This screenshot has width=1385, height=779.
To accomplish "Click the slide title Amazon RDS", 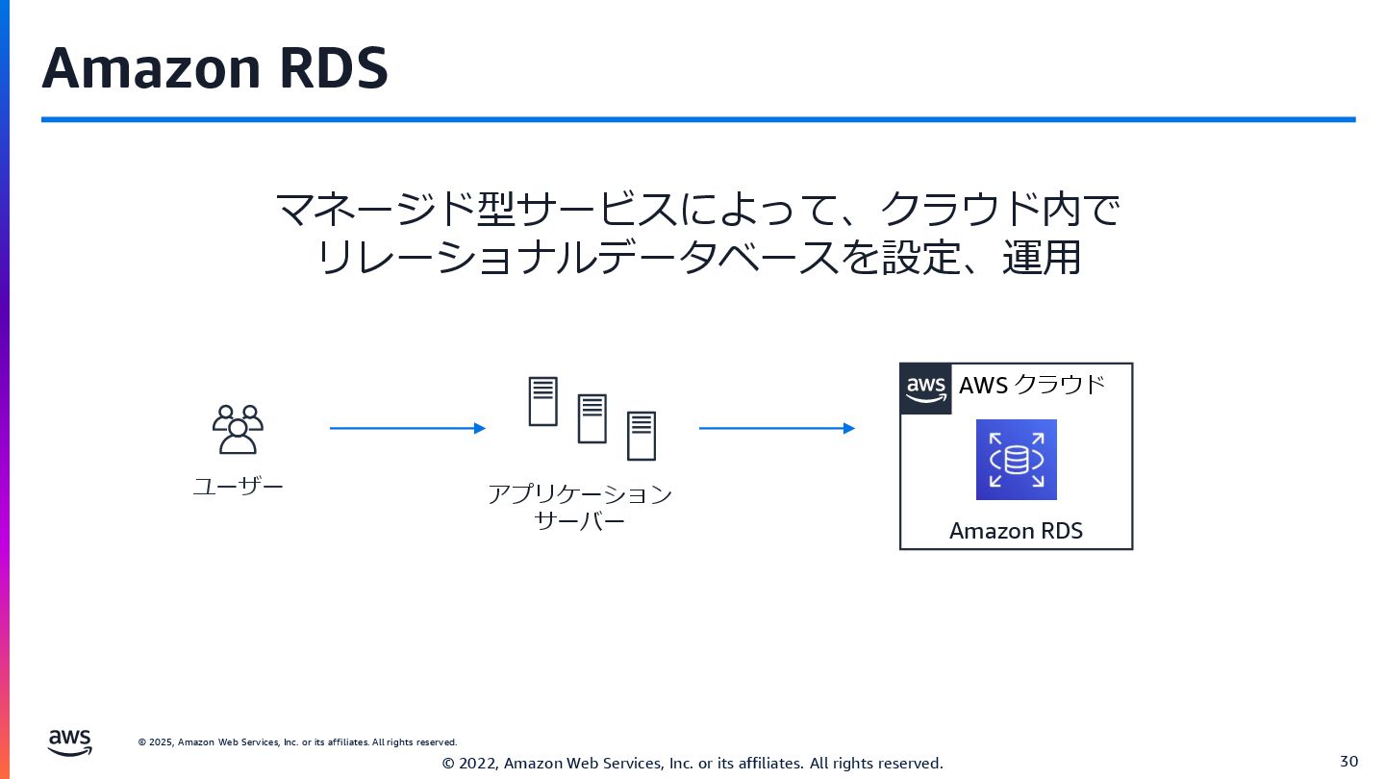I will [214, 67].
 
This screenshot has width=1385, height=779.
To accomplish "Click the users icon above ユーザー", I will [238, 429].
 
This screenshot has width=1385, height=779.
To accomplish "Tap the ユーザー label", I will [238, 487].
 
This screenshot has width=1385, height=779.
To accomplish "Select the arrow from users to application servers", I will [407, 428].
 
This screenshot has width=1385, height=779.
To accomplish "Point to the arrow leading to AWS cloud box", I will [776, 428].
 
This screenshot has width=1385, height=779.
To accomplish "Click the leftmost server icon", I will [543, 401].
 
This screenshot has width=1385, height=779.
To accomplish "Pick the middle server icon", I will [592, 418].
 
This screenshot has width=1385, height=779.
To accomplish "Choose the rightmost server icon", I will [642, 436].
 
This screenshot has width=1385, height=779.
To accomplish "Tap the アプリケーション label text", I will [580, 494].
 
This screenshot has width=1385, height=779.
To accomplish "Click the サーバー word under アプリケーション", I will [580, 521].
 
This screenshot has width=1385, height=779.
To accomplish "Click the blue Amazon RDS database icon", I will [1016, 460].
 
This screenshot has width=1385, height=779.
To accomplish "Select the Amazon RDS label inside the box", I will [1016, 530].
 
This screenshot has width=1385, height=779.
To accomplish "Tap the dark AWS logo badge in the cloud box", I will [925, 389].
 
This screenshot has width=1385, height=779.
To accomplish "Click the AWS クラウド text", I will [1032, 386].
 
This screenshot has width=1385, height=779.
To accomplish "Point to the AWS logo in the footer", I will [70, 741].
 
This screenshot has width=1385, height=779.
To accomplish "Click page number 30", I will [1348, 761].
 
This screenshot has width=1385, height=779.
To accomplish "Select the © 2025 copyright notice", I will [297, 742].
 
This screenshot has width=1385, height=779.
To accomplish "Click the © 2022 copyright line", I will [692, 763].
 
